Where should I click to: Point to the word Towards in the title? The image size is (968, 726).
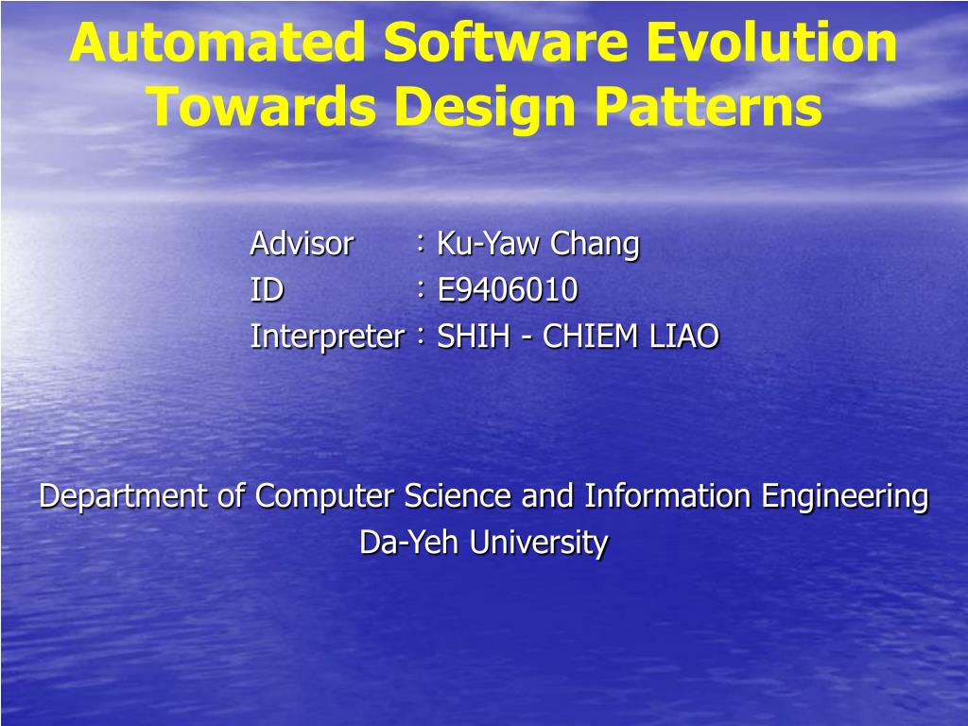tap(262, 106)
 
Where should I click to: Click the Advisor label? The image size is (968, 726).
tap(302, 243)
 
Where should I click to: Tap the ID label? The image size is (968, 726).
tap(267, 289)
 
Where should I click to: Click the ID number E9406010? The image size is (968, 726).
tap(508, 289)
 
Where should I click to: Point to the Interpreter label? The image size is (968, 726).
tap(327, 337)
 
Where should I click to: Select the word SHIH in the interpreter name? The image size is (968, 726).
tap(474, 337)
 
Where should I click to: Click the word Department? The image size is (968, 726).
tap(123, 496)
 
